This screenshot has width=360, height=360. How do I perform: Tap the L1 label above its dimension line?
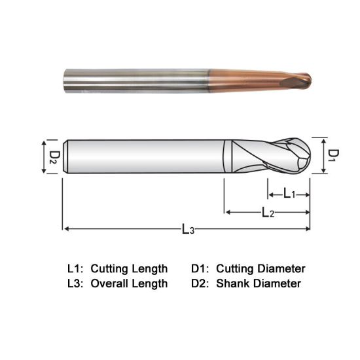point(289,194)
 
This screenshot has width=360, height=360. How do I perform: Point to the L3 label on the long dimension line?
point(188,230)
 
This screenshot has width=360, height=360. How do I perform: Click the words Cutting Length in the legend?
point(129,268)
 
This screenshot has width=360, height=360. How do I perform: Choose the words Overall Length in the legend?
point(129,283)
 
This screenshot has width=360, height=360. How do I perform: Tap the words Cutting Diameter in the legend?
point(261,268)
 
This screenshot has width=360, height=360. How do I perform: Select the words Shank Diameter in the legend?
point(258,283)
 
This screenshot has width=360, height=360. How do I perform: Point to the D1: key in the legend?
point(200,268)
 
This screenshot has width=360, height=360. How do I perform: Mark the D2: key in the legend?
point(200,283)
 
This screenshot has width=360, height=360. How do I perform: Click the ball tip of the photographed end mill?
point(303,82)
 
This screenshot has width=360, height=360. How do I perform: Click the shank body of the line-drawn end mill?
point(144,156)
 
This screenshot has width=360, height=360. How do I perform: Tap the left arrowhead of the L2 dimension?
point(228,212)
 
